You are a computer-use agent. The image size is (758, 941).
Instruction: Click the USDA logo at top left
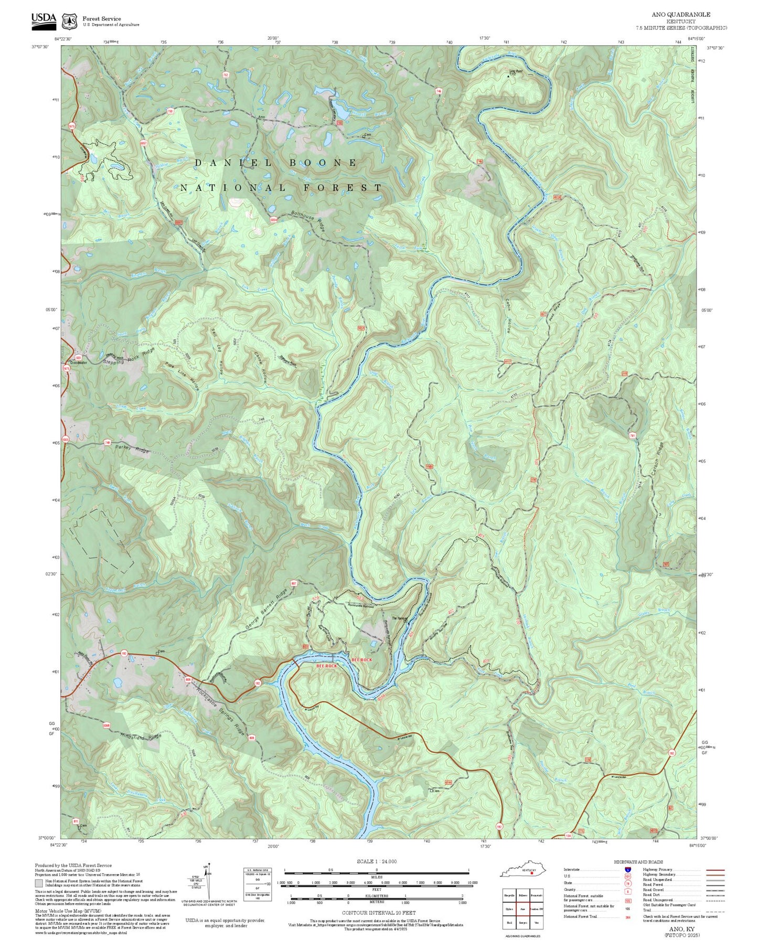tap(43, 19)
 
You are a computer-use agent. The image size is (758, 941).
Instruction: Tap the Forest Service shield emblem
tap(69, 21)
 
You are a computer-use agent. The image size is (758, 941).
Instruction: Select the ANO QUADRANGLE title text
tap(681, 15)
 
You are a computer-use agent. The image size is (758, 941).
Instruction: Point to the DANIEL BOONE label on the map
tap(276, 163)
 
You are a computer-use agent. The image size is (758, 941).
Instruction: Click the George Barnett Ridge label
tap(266, 609)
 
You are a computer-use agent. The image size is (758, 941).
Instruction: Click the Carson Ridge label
tap(657, 461)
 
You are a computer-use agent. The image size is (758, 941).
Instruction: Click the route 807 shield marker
tap(294, 583)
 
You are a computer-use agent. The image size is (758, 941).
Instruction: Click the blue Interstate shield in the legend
tap(627, 869)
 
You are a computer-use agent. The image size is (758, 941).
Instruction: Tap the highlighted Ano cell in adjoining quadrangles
tap(522, 910)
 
